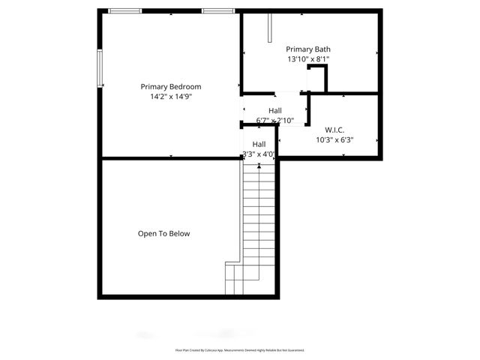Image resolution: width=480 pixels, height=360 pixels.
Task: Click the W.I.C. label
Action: click(334, 130)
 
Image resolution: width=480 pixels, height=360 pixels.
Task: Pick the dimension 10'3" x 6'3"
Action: click(334, 139)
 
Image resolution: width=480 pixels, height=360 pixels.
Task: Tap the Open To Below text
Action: click(163, 234)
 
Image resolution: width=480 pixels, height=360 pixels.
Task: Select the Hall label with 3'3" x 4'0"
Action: click(259, 144)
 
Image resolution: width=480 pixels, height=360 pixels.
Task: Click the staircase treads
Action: click(259, 217)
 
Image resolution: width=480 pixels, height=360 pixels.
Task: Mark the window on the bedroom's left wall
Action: click(99, 69)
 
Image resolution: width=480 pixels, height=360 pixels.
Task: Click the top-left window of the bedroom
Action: click(125, 10)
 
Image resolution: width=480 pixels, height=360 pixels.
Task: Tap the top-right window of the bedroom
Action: click(217, 10)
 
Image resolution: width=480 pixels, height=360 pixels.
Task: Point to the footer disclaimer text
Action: click(240, 350)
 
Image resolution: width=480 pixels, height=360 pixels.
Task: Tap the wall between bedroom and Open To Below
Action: click(171, 158)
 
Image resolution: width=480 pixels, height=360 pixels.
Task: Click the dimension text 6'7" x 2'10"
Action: click(274, 120)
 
